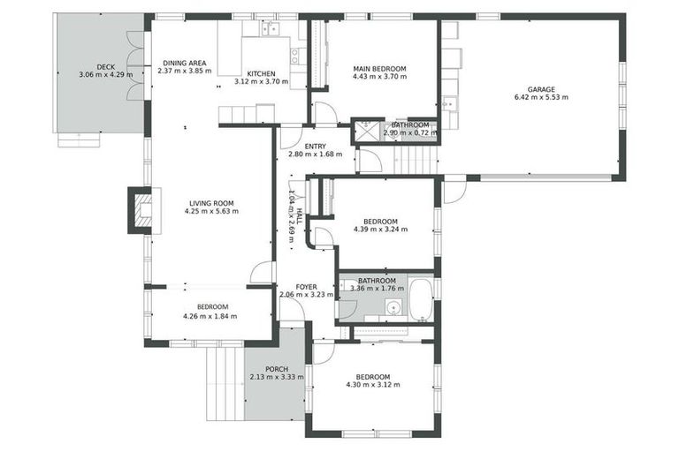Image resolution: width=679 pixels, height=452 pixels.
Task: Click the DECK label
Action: (x=105, y=66)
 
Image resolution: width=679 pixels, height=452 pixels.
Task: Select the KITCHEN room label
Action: (x=261, y=73)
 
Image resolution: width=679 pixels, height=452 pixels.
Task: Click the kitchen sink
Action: (x=269, y=29)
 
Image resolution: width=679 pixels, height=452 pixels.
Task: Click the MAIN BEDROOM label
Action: (x=379, y=68)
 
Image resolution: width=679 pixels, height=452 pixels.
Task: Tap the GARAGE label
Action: (x=541, y=89)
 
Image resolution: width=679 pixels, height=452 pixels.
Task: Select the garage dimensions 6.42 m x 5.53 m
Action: (x=541, y=97)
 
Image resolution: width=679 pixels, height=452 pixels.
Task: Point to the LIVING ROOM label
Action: (x=210, y=203)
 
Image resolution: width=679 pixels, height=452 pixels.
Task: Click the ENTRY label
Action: (x=315, y=147)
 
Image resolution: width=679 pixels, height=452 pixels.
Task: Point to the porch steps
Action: (x=224, y=383)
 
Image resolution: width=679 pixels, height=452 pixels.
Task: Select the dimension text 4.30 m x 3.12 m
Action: (x=372, y=386)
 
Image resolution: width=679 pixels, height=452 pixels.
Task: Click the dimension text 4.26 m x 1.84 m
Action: (x=210, y=316)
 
